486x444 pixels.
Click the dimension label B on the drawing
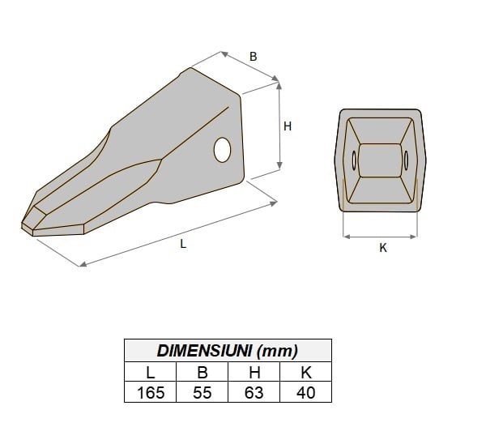(x=253, y=57)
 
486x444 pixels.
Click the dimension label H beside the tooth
(x=287, y=126)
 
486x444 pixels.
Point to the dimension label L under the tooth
(x=183, y=244)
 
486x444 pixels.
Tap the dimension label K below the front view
(x=383, y=249)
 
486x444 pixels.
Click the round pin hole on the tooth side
(x=223, y=149)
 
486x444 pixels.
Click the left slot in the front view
(x=354, y=160)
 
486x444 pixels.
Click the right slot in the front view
(x=404, y=160)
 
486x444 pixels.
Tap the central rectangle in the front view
(x=379, y=160)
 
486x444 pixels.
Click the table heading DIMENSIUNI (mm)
(x=227, y=351)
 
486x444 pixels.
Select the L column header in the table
(x=150, y=373)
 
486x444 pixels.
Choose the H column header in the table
(x=254, y=373)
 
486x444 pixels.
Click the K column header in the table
(x=305, y=373)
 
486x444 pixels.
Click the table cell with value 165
(x=150, y=393)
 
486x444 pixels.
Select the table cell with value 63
(x=254, y=393)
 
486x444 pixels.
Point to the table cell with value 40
(x=305, y=393)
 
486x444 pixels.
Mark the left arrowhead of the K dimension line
(x=347, y=237)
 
